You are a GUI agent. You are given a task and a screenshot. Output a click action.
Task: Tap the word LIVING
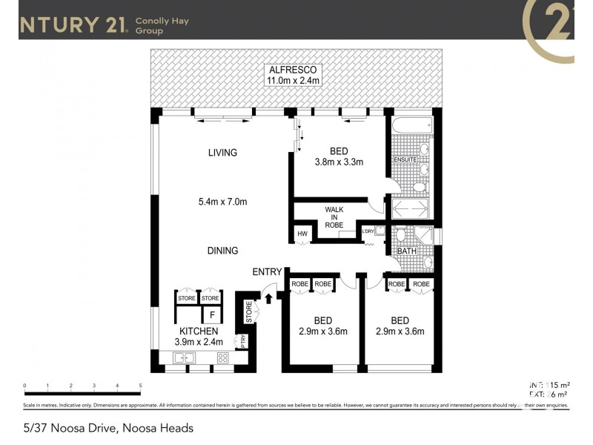pos(222,153)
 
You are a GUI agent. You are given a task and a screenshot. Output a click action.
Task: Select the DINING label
pos(222,251)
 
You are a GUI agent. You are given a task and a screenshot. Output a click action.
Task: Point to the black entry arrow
pos(268,300)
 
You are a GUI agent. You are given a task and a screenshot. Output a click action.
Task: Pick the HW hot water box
pos(302,234)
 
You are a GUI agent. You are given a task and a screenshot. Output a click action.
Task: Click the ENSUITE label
pos(405,159)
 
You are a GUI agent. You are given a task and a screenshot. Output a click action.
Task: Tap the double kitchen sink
pos(184,358)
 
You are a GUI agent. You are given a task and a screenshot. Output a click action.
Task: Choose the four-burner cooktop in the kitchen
pos(222,358)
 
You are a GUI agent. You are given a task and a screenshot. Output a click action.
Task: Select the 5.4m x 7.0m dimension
pos(222,202)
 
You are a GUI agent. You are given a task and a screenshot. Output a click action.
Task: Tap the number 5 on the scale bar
pos(140,386)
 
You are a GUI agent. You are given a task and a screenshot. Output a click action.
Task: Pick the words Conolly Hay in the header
pos(162,21)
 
